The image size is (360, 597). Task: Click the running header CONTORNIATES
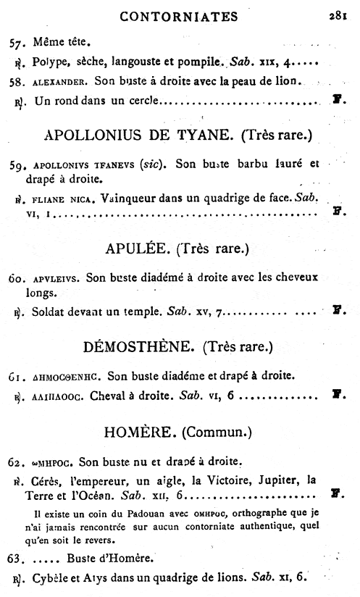(176, 14)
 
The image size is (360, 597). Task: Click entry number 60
(17, 277)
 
